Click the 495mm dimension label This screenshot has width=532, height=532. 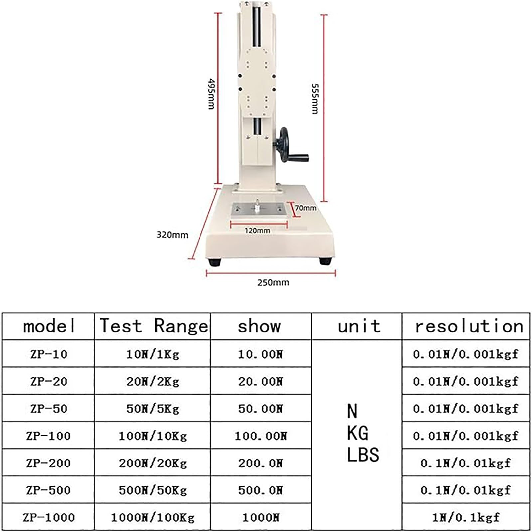pyautogui.click(x=211, y=94)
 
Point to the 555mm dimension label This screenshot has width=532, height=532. pyautogui.click(x=315, y=99)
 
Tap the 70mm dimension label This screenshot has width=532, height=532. pyautogui.click(x=306, y=208)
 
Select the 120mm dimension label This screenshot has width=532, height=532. pyautogui.click(x=257, y=231)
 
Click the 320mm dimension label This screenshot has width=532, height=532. pyautogui.click(x=172, y=235)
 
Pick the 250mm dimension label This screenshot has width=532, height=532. pyautogui.click(x=273, y=283)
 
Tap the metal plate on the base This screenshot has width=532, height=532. pyautogui.click(x=258, y=209)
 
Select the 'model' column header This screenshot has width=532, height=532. pyautogui.click(x=49, y=326)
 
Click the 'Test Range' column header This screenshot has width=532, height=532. pyautogui.click(x=154, y=326)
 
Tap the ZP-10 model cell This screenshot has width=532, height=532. pyautogui.click(x=49, y=354)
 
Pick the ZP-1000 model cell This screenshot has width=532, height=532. pyautogui.click(x=49, y=517)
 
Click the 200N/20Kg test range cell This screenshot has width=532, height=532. pyautogui.click(x=153, y=463)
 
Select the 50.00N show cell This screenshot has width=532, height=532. pyautogui.click(x=260, y=409)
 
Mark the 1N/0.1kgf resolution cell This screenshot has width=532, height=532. pyautogui.click(x=465, y=517)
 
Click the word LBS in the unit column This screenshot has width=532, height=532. pyautogui.click(x=363, y=455)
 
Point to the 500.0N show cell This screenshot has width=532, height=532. pyautogui.click(x=260, y=490)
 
